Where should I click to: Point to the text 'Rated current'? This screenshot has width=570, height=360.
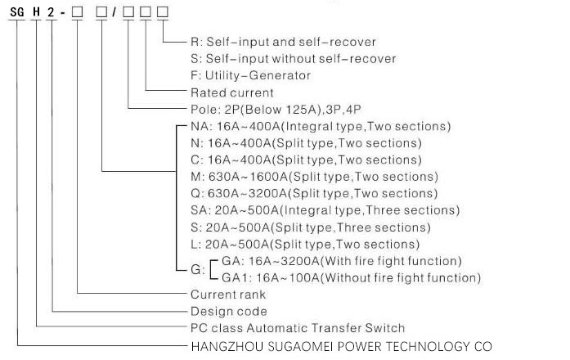coord(231,92)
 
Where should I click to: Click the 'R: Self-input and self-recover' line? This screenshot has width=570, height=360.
coord(284,41)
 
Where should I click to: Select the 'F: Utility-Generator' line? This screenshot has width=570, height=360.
coord(250,75)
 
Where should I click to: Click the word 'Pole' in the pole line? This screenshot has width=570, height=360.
coord(204,110)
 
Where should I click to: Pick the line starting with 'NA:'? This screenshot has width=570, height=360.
coord(320,127)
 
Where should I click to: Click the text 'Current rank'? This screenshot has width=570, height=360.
coord(228,295)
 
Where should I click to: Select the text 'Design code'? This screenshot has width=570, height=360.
coord(228,312)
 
